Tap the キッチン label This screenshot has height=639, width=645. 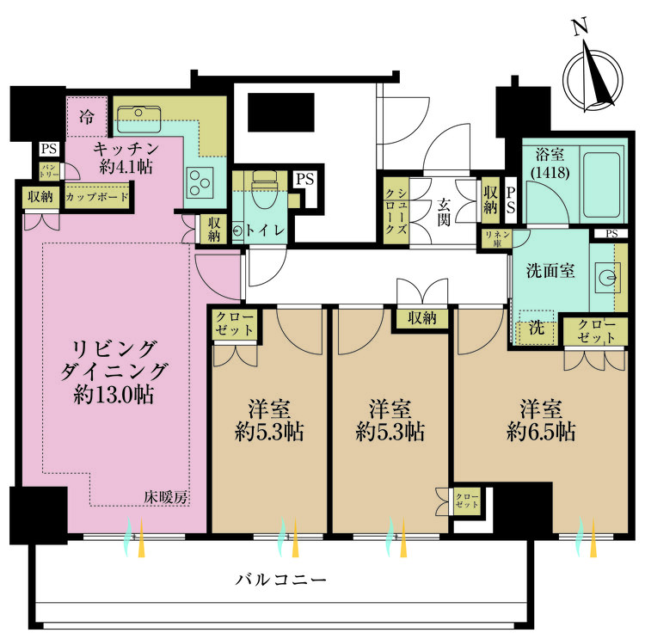125,147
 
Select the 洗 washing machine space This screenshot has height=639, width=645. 534,327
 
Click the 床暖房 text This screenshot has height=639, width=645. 166,497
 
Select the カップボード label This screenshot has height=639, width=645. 96,197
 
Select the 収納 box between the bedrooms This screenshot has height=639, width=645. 422,318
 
